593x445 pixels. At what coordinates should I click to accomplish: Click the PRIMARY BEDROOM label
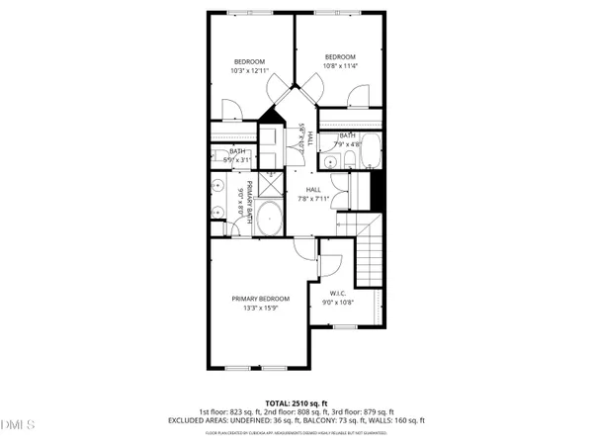261,299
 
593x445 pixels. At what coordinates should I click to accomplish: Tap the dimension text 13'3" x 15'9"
261,309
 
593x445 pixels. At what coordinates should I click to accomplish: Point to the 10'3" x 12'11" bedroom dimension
250,70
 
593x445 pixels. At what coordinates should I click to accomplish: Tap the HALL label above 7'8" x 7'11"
313,190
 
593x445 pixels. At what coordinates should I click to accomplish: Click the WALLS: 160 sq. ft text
401,420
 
